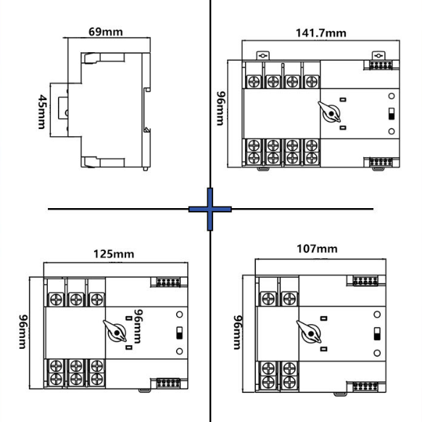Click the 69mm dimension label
click(x=106, y=32)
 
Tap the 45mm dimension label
click(x=42, y=112)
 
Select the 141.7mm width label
click(x=320, y=33)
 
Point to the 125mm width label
click(x=114, y=254)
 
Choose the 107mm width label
click(x=317, y=249)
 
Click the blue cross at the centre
click(x=210, y=209)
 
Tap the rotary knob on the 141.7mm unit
click(x=330, y=112)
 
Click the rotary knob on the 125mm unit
click(x=115, y=331)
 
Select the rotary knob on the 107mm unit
click(x=309, y=332)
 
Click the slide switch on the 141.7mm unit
click(x=392, y=114)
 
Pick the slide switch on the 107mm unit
click(x=377, y=334)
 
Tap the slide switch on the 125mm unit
click(x=179, y=333)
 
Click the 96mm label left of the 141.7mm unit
click(x=220, y=109)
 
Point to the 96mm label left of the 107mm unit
click(x=237, y=333)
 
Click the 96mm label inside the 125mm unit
click(x=138, y=326)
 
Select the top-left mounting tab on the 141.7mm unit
click(x=262, y=55)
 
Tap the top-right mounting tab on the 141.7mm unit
click(x=378, y=55)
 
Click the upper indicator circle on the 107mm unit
click(x=377, y=315)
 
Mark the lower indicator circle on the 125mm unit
click(x=179, y=351)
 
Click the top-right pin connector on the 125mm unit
click(x=168, y=282)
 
